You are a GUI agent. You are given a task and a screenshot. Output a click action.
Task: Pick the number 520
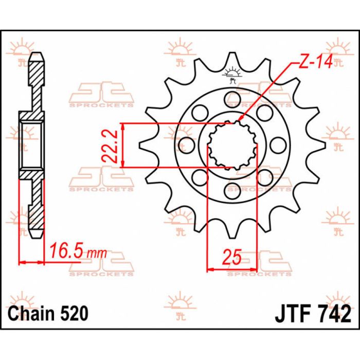74,313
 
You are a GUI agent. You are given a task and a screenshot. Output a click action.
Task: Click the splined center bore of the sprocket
232,145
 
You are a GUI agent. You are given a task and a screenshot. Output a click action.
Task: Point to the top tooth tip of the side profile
37,53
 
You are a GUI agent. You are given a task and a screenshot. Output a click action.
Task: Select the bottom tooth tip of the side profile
37,236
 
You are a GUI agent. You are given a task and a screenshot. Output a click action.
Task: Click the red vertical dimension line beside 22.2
123,145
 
